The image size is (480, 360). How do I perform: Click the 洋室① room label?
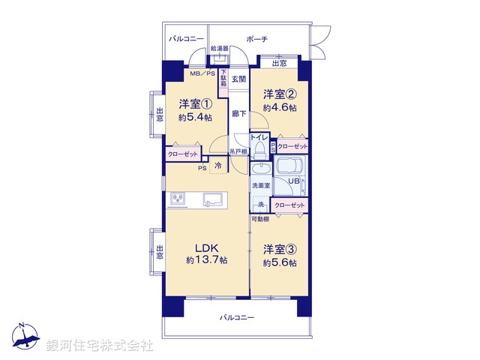195,103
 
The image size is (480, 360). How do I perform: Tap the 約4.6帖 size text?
279,108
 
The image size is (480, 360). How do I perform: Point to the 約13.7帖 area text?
207,260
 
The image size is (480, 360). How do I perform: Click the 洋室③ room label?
279,249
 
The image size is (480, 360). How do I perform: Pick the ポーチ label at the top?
257,39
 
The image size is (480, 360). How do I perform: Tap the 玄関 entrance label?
238,79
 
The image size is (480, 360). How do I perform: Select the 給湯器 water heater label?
198,49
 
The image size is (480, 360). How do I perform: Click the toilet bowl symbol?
259,149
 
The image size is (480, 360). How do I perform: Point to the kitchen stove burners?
179,199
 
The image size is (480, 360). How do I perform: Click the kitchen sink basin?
211,199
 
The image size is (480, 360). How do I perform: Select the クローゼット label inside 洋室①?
182,154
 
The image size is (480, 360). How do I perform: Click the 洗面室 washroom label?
260,184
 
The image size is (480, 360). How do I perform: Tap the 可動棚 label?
259,219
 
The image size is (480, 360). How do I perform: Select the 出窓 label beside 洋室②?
279,63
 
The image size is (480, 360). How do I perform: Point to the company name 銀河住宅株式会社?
99,346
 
